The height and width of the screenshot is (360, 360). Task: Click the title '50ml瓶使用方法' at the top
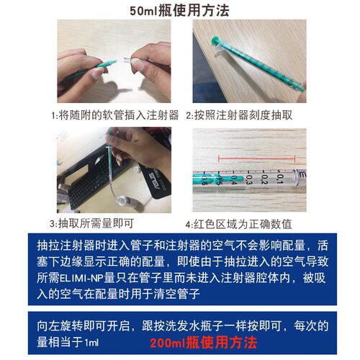(x=180, y=10)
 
